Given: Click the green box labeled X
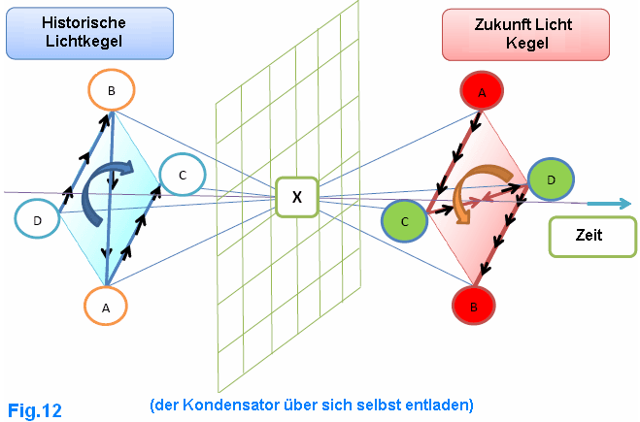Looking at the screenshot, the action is click(297, 197).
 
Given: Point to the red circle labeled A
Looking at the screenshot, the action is click(482, 91).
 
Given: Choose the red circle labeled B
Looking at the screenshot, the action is click(474, 306).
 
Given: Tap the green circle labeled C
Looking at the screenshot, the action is click(404, 221).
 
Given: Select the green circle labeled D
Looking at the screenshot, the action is click(551, 179).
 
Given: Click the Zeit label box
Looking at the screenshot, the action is click(592, 237).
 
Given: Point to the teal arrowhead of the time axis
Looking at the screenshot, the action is click(624, 203).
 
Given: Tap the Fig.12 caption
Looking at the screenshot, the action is click(35, 410).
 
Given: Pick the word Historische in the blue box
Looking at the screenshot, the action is click(84, 23).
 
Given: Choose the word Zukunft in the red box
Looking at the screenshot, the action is click(500, 24).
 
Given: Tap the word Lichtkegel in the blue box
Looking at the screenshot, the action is click(84, 41).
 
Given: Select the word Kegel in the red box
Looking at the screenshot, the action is click(527, 43).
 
